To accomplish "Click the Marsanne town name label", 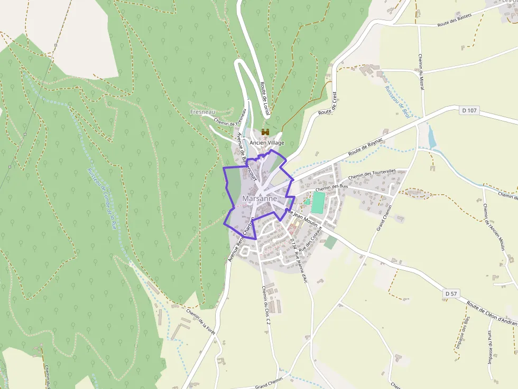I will (260, 198).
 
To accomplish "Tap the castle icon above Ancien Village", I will (265, 132).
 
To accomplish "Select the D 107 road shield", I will (469, 110).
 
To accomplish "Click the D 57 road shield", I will (450, 293).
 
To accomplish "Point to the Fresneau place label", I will (203, 112).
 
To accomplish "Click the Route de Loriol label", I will (265, 99).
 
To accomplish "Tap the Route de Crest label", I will (328, 103).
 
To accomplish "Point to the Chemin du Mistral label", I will (421, 71).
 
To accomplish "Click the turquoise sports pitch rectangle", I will (318, 202).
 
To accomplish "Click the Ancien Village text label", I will (267, 143).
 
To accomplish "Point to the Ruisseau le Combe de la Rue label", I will (101, 198).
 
